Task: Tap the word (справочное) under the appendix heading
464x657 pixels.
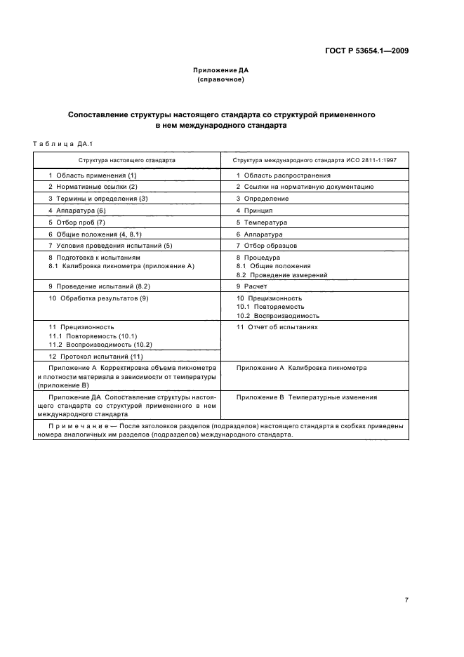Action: point(220,80)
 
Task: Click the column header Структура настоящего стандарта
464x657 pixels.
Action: point(127,160)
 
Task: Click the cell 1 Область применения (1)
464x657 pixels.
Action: point(92,175)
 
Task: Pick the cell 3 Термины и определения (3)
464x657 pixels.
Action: point(98,199)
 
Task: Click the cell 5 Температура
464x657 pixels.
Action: point(261,223)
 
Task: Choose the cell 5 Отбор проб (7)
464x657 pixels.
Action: point(77,223)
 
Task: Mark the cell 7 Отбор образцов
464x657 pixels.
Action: point(266,246)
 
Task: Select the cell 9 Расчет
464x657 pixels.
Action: point(253,287)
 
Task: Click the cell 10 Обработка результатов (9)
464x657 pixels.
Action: point(98,299)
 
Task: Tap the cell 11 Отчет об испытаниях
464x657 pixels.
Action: point(277,327)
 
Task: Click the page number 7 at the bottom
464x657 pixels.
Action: point(406,580)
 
